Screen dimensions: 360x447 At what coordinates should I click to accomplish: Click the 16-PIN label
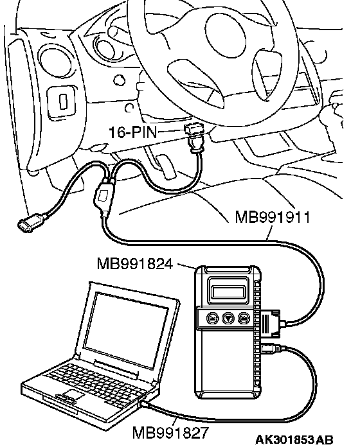133,132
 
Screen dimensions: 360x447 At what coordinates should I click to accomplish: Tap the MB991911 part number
273,217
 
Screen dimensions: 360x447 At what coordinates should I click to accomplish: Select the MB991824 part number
135,264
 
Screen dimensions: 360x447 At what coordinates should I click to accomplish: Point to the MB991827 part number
170,433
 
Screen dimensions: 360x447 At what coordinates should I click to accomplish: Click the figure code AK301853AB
294,439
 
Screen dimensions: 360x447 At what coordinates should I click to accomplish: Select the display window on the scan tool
228,292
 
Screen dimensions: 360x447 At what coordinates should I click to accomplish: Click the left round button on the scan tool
212,317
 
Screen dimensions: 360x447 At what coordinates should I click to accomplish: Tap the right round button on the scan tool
244,317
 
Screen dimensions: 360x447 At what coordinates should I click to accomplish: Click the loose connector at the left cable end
31,221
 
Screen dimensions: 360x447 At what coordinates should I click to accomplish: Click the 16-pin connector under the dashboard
195,130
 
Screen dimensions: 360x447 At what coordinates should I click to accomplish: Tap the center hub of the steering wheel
226,36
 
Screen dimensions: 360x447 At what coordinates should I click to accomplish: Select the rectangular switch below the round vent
61,101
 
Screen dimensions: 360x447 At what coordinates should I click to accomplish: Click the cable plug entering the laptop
146,404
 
